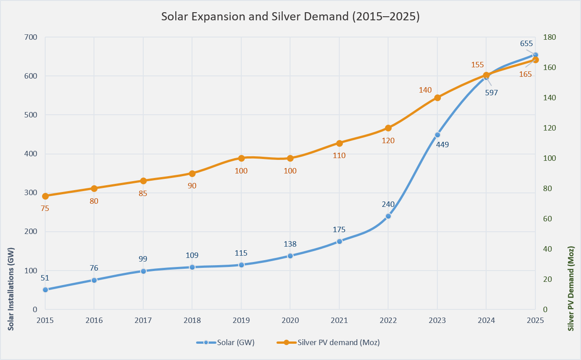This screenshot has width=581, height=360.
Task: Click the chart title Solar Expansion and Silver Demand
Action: [x=290, y=17]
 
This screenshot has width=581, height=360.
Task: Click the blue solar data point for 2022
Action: [x=388, y=216]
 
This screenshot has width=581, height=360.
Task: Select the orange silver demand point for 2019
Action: [x=241, y=158]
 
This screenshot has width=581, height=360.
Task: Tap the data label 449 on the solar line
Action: [x=442, y=145]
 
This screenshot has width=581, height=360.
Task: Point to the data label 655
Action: [x=526, y=44]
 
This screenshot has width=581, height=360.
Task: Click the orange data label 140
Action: [x=426, y=90]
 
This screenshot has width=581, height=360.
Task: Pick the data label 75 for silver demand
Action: [x=45, y=208]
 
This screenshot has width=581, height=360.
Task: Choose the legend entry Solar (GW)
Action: [x=226, y=342]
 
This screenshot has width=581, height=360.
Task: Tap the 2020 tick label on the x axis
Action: [x=290, y=320]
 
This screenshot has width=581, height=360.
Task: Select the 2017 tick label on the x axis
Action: [x=143, y=320]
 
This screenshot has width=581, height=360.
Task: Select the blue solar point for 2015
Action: [x=45, y=290]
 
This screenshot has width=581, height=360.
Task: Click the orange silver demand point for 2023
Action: [x=437, y=98]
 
